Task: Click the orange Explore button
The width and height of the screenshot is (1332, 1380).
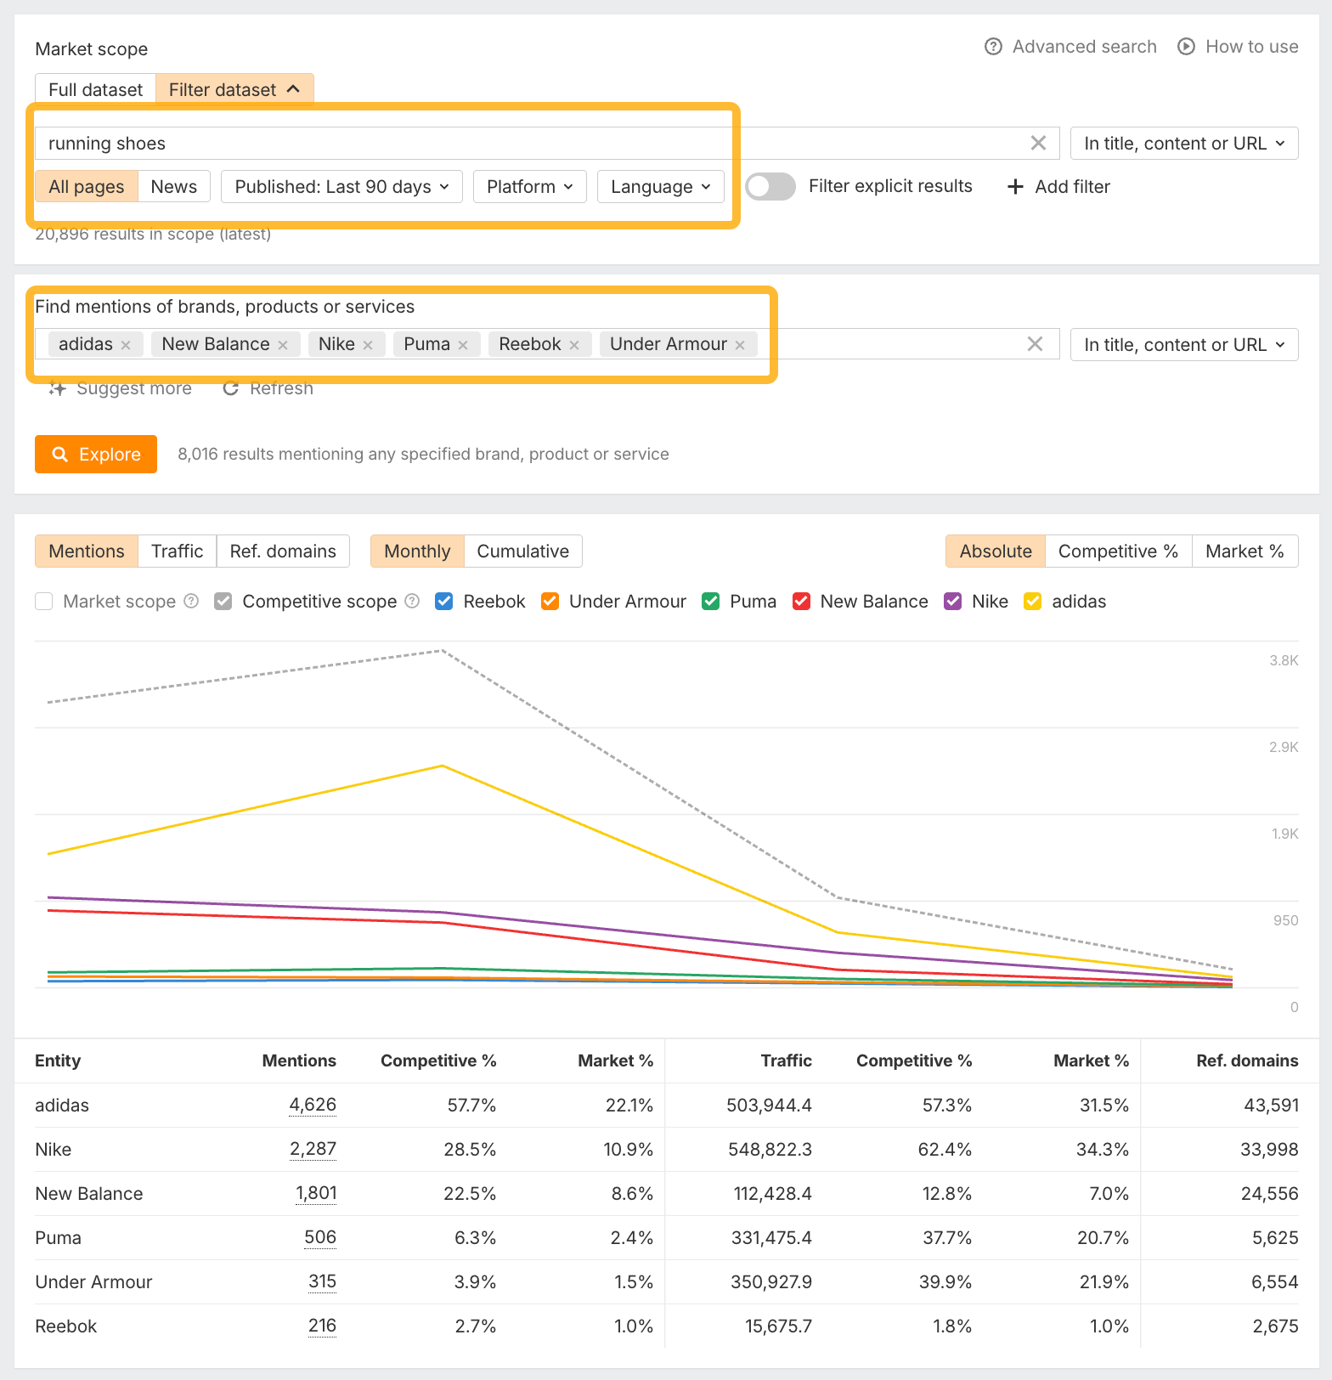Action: (96, 455)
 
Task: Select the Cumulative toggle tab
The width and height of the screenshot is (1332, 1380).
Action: (522, 551)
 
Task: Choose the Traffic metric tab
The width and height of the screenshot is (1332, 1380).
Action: (177, 551)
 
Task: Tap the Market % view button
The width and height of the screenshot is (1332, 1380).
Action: (1245, 551)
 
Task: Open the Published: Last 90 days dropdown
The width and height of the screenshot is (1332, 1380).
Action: (341, 187)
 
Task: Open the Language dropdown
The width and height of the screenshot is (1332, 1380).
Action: (660, 187)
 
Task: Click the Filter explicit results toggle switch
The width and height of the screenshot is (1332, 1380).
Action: (770, 187)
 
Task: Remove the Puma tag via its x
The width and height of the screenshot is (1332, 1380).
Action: (463, 345)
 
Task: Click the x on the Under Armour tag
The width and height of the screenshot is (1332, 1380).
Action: (740, 345)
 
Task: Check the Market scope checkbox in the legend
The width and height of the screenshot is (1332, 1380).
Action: (44, 602)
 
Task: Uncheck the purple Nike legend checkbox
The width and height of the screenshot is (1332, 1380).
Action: (953, 602)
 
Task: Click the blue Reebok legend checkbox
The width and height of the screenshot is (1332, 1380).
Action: (443, 602)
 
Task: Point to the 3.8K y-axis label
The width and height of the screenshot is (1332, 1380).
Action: (1284, 660)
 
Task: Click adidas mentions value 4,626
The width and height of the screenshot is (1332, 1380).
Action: (313, 1105)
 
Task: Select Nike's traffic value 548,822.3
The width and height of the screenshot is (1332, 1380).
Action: (770, 1150)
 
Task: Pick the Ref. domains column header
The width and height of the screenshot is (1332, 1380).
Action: (1247, 1060)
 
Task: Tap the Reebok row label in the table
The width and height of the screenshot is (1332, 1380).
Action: (66, 1326)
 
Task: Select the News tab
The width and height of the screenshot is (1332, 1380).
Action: (174, 187)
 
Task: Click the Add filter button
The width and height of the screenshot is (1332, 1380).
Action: (1058, 187)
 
